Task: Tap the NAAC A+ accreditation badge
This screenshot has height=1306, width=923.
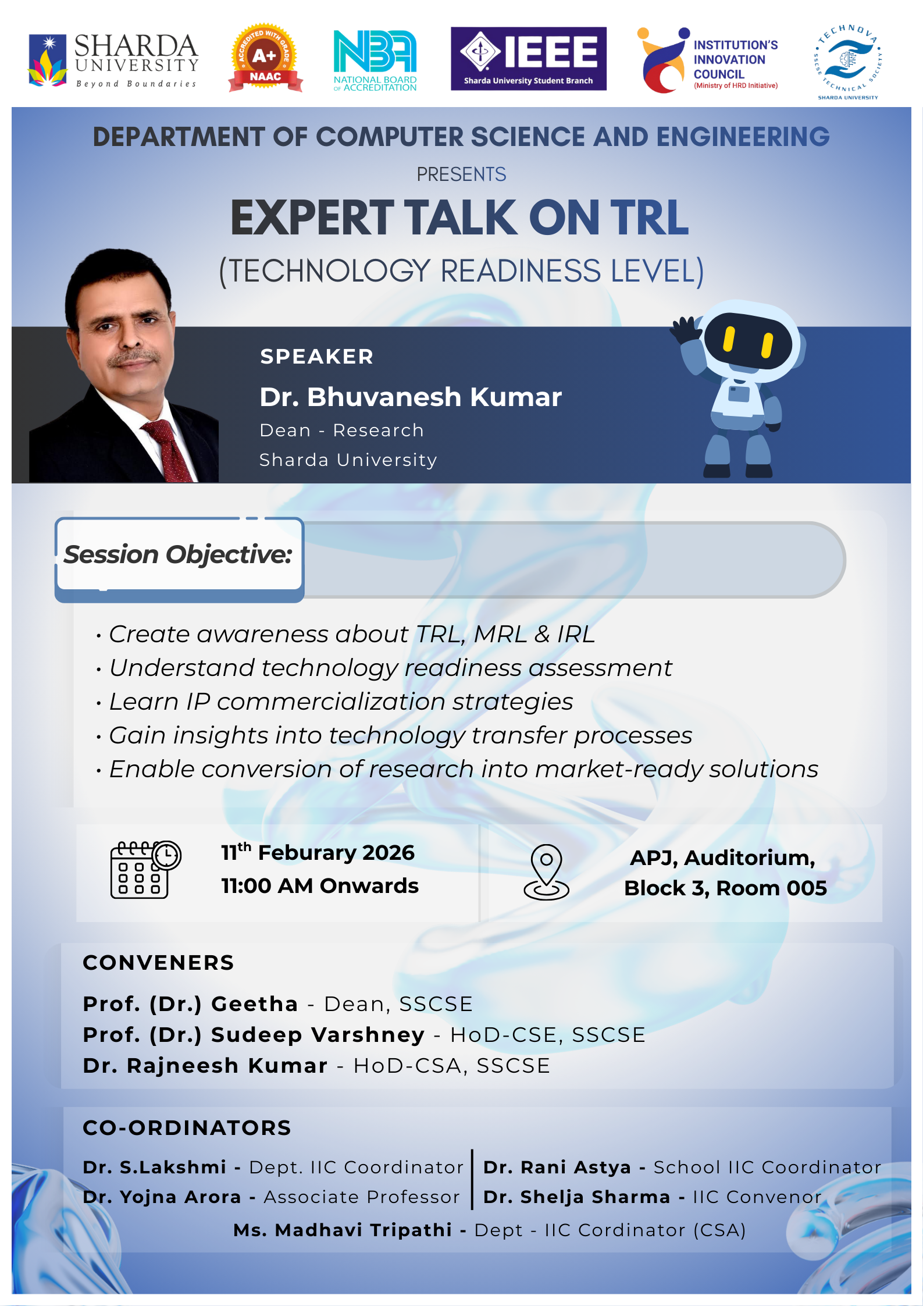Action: tap(265, 58)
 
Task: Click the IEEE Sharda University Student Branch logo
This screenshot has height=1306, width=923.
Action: tap(528, 59)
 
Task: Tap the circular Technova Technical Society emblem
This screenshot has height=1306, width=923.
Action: tap(847, 62)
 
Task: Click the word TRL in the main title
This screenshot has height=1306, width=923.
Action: tap(649, 218)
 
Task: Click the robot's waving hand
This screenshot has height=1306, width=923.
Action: tap(685, 330)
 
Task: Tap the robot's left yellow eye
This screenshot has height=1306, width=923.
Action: tap(729, 339)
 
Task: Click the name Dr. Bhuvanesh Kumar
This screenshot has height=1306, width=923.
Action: tap(411, 397)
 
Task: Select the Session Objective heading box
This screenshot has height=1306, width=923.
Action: tap(179, 556)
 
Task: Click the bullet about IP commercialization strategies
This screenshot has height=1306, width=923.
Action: tap(341, 702)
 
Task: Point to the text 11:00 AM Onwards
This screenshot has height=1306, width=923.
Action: tap(319, 886)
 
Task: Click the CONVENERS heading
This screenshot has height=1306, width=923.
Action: tap(158, 963)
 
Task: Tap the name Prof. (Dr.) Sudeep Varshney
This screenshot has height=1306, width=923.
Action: tap(254, 1035)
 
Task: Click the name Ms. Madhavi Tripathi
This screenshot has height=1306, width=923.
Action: tap(343, 1230)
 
